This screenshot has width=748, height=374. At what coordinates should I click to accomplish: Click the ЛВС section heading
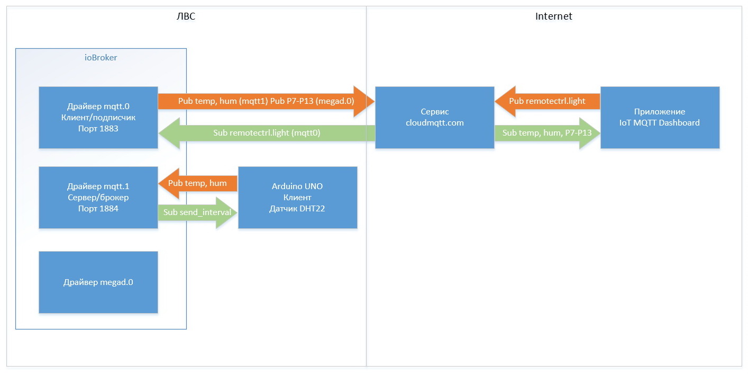click(186, 16)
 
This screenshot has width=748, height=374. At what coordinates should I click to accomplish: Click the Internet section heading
click(553, 16)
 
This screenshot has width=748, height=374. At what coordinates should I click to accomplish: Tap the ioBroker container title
click(101, 58)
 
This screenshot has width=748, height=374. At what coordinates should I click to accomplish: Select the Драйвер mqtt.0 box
click(98, 118)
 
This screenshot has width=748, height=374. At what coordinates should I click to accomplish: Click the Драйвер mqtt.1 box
click(98, 198)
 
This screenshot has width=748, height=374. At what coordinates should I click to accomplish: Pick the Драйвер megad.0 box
click(98, 282)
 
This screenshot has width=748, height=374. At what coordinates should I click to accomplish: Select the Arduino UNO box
click(297, 198)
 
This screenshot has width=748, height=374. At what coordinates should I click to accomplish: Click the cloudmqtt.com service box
click(434, 118)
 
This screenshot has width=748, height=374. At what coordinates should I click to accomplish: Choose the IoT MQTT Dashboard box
click(660, 118)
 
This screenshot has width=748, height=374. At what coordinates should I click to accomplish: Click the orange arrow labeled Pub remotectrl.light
click(548, 101)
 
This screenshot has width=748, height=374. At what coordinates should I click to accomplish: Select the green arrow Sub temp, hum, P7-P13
click(548, 133)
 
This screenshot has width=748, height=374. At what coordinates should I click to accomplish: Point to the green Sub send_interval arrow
click(197, 212)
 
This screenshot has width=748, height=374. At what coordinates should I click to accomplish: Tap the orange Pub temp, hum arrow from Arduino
click(197, 183)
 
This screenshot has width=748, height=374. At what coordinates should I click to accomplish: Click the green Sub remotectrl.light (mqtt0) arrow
click(267, 133)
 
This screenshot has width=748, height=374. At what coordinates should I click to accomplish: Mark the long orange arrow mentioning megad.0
click(267, 101)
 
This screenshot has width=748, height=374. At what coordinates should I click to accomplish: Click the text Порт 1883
click(98, 129)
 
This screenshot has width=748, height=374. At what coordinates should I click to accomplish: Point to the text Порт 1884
click(98, 209)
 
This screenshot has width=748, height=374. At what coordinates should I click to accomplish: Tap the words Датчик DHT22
click(297, 209)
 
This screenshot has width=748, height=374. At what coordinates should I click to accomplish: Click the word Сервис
click(434, 112)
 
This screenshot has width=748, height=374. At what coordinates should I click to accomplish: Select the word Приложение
click(660, 112)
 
